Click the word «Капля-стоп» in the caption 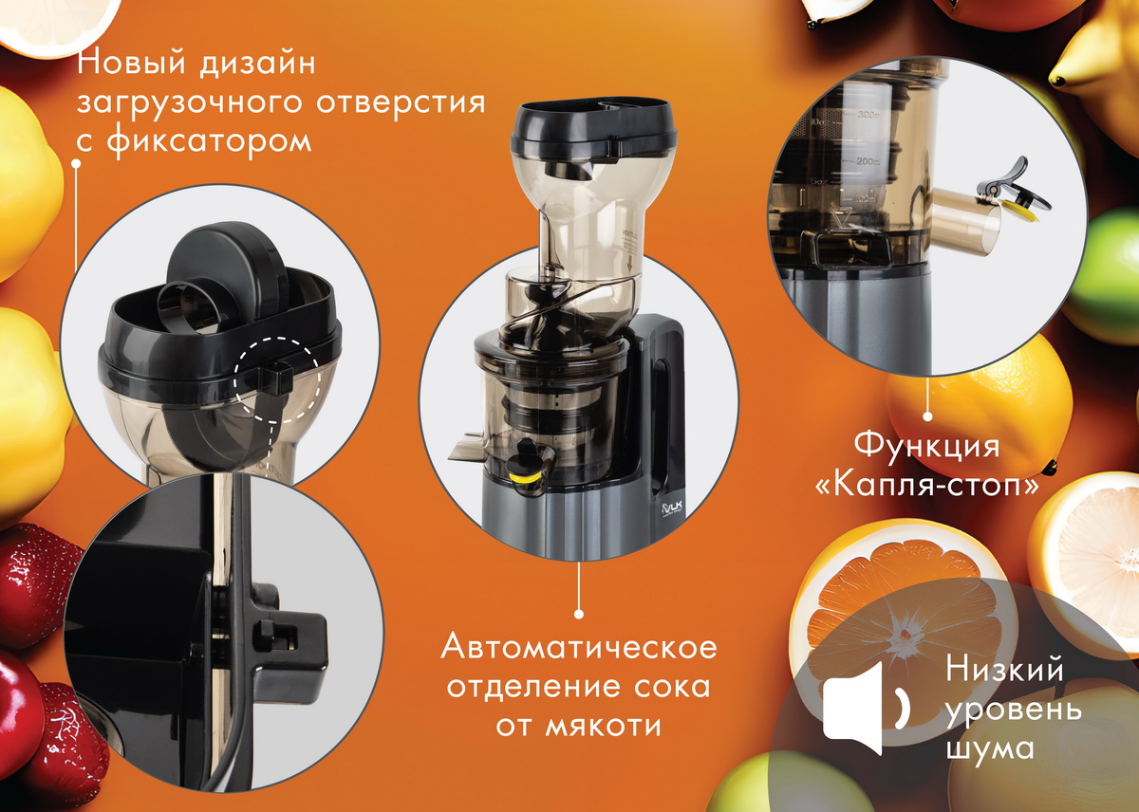point(927,486)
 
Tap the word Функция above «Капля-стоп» point(927,445)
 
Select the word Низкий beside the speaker point(1004,669)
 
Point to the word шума point(990,748)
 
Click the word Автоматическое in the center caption point(579,647)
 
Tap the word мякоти point(604,726)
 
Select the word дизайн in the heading point(257,63)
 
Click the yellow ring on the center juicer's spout point(524,478)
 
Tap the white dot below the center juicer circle point(578,614)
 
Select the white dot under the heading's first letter point(76,163)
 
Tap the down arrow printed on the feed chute point(629,264)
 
